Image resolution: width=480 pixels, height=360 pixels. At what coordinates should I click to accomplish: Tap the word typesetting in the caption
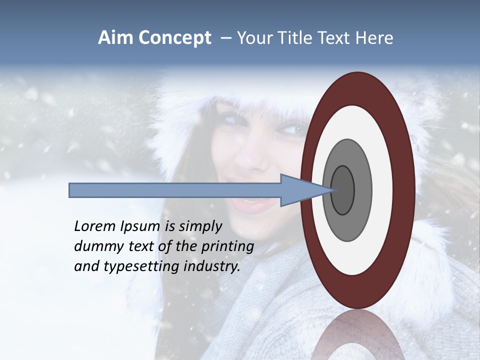[x=131, y=267]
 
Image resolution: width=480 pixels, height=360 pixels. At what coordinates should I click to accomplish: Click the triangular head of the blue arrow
[x=300, y=190]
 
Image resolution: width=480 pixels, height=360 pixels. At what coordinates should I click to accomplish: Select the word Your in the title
[x=252, y=38]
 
